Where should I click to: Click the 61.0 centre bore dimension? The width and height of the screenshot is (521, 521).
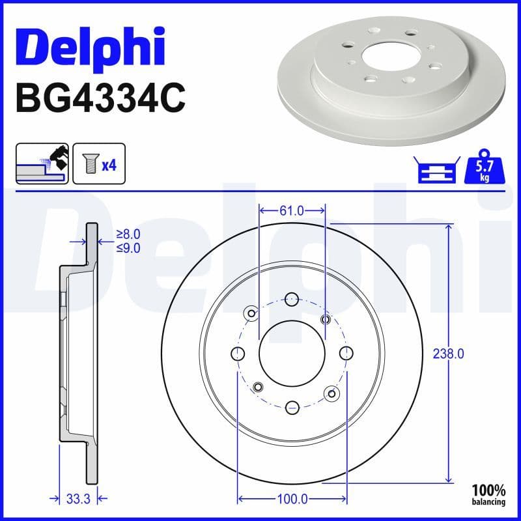tap(292, 210)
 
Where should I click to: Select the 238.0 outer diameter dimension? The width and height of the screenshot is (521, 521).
tap(448, 354)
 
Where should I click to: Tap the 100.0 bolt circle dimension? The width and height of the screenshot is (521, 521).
tap(292, 499)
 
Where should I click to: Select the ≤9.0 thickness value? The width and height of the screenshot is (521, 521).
tap(128, 247)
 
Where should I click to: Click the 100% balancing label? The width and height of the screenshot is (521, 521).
tap(488, 494)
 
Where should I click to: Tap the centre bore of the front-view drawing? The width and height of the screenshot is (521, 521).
tap(292, 353)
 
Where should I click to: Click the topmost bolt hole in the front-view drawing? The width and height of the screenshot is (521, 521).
tap(292, 300)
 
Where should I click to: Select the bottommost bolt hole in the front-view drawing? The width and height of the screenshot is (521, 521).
tap(292, 407)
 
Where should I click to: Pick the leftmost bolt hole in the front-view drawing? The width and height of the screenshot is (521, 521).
tap(238, 353)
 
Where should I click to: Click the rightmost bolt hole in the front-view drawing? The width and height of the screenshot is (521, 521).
tap(346, 353)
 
